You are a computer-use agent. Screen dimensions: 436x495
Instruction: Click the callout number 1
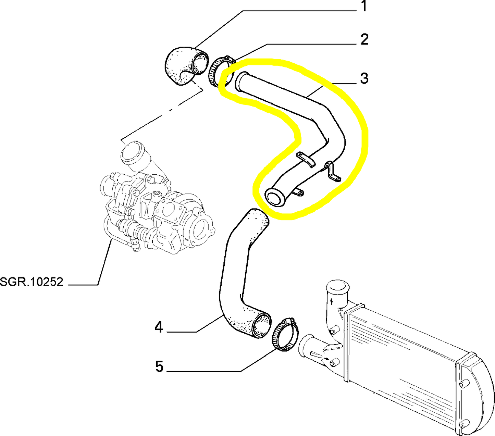click(x=364, y=7)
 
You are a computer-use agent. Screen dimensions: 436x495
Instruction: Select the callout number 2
click(x=364, y=40)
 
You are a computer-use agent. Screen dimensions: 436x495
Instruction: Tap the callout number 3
click(x=364, y=78)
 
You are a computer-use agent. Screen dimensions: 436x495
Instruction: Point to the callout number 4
click(x=159, y=327)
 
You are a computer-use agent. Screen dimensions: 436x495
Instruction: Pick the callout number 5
click(x=159, y=366)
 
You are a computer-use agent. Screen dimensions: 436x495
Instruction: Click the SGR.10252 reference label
click(x=32, y=282)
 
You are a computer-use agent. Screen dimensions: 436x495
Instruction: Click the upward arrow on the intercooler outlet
click(x=332, y=301)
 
